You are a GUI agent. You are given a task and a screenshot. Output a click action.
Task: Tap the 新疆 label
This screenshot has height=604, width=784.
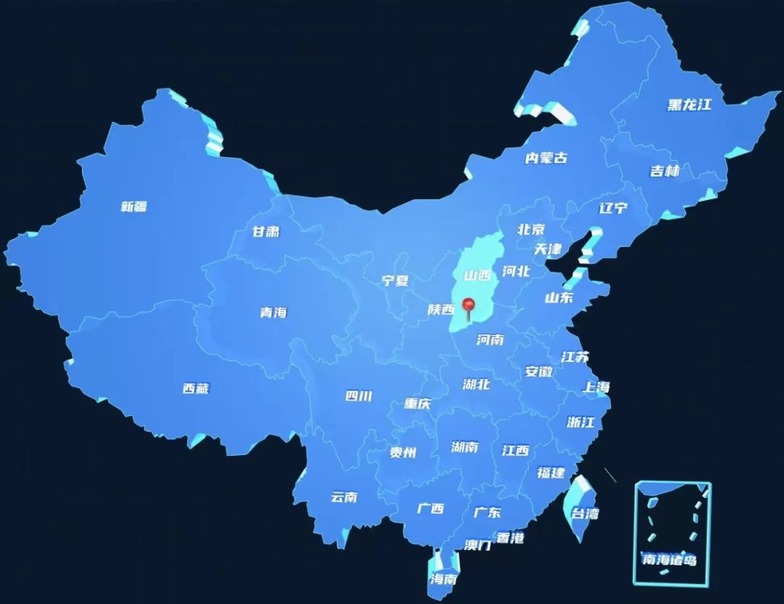tap(134, 206)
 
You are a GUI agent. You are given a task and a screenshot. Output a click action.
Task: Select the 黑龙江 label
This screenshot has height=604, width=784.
tap(689, 105)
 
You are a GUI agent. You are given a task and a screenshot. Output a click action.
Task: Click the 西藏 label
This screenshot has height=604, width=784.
tap(195, 388)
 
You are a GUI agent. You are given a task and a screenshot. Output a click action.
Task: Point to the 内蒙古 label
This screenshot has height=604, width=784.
tap(546, 158)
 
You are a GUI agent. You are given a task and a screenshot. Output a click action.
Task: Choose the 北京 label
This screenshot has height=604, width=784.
tap(531, 229)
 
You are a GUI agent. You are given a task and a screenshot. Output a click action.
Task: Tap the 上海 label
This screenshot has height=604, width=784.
tap(596, 387)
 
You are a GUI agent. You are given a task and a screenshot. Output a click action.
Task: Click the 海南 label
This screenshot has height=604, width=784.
tap(443, 579)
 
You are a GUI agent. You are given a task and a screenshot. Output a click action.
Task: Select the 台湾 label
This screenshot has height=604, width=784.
tap(585, 513)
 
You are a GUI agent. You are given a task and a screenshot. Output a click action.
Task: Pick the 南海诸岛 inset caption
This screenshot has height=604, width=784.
tap(669, 560)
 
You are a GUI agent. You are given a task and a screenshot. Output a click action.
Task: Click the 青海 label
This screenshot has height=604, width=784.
tap(274, 313)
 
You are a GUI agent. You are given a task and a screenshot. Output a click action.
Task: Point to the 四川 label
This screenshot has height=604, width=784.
tap(359, 396)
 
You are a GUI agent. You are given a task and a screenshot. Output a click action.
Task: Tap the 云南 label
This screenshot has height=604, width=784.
tap(344, 497)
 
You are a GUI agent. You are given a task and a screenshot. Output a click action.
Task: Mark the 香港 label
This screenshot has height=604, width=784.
tap(510, 538)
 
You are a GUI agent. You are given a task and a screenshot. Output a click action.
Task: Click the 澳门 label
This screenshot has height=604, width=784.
tap(478, 544)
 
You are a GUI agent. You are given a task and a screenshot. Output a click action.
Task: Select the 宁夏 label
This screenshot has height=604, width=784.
tap(396, 281)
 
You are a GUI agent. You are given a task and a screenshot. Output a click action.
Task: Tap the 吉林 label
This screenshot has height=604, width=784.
tap(664, 172)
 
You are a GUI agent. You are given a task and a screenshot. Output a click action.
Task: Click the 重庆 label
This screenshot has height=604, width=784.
tap(417, 403)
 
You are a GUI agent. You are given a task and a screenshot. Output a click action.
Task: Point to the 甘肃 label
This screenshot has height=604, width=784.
tap(266, 232)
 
